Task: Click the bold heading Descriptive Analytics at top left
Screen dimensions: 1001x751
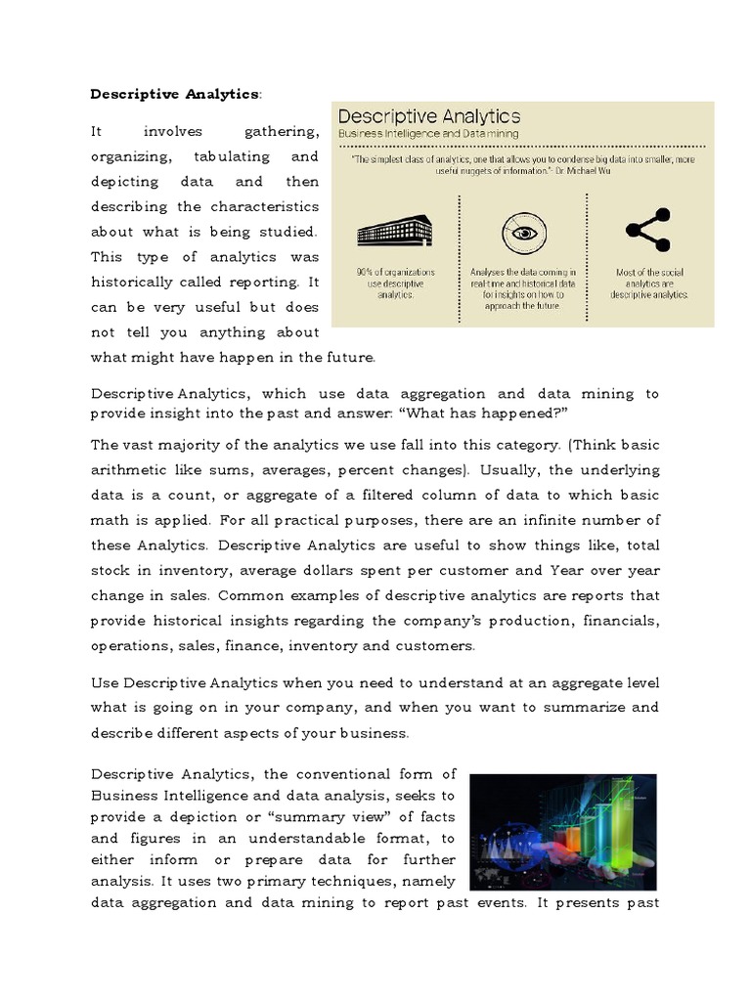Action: pos(175,94)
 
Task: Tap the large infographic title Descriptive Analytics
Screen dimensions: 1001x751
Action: pos(429,117)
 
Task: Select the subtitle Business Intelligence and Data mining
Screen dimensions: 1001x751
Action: pos(428,133)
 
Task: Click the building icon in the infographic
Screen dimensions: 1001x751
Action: pos(395,231)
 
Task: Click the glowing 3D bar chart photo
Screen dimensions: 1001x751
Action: pos(562,827)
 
